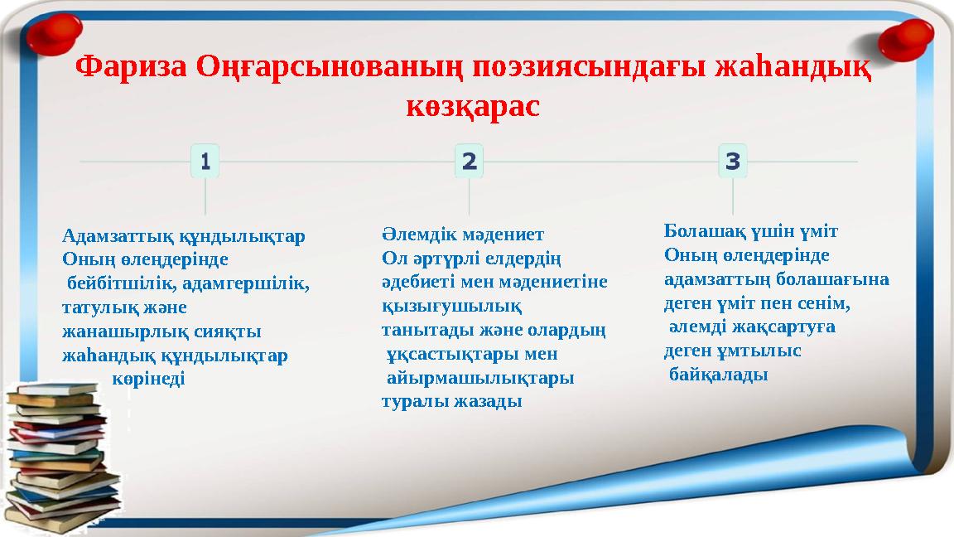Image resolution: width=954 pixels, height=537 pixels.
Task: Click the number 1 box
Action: tap(205, 161)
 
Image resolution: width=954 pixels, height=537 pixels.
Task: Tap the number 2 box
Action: tap(469, 161)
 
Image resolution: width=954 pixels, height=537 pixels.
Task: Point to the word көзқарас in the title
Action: tap(473, 106)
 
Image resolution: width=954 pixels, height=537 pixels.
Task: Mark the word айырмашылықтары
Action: tap(481, 378)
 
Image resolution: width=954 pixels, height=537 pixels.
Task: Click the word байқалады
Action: tap(719, 375)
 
